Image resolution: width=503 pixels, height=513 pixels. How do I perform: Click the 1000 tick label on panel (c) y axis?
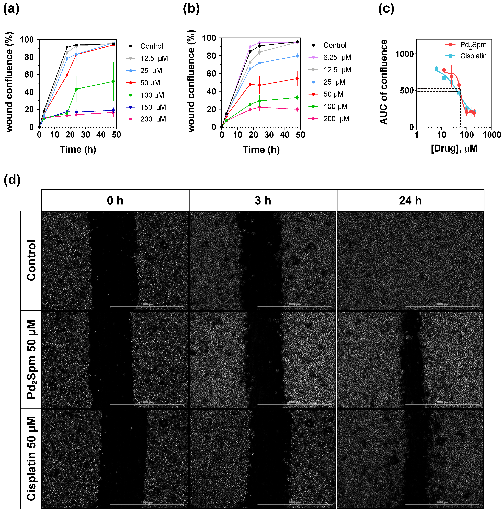(x=404, y=54)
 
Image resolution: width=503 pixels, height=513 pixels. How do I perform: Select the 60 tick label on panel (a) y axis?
(x=29, y=75)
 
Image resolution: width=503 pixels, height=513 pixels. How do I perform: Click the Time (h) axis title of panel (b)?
(x=261, y=150)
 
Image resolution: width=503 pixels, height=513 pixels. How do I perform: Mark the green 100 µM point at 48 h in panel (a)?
(x=113, y=81)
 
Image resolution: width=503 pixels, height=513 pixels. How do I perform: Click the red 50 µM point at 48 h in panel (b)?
(x=297, y=79)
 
